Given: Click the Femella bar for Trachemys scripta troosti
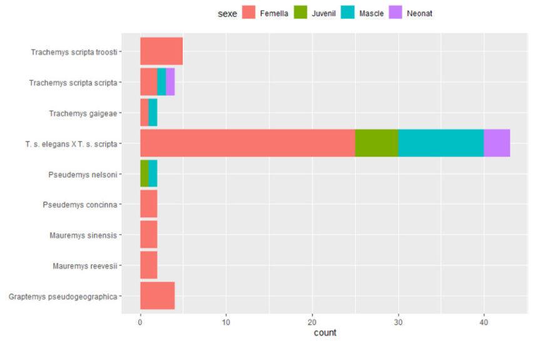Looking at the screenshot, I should pos(161,51).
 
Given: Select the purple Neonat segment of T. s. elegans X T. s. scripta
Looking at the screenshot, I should pos(497,143).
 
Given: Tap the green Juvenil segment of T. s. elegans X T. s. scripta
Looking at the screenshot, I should pos(376,143).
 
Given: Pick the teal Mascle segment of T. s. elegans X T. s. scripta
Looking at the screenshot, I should pos(440,143).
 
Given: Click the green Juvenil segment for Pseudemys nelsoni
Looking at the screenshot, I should pos(145,174).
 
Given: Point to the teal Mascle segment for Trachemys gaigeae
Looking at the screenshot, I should pos(153,113).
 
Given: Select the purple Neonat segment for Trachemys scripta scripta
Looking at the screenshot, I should pos(170,82).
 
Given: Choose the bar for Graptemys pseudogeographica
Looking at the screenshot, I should pos(157,296).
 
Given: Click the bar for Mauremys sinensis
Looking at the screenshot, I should pos(148,235).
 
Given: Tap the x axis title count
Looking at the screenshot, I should pos(325,333).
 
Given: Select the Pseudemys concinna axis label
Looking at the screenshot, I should pos(81,205).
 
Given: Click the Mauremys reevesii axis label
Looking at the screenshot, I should pos(84,266).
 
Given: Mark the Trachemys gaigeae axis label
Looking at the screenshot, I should pos(84,113).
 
